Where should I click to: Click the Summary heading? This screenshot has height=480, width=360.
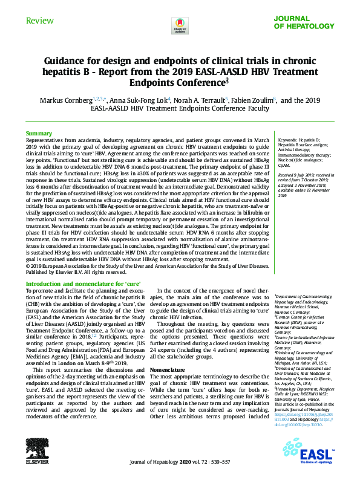tap(38, 133)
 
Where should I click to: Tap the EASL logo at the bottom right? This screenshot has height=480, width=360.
tap(316, 452)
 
